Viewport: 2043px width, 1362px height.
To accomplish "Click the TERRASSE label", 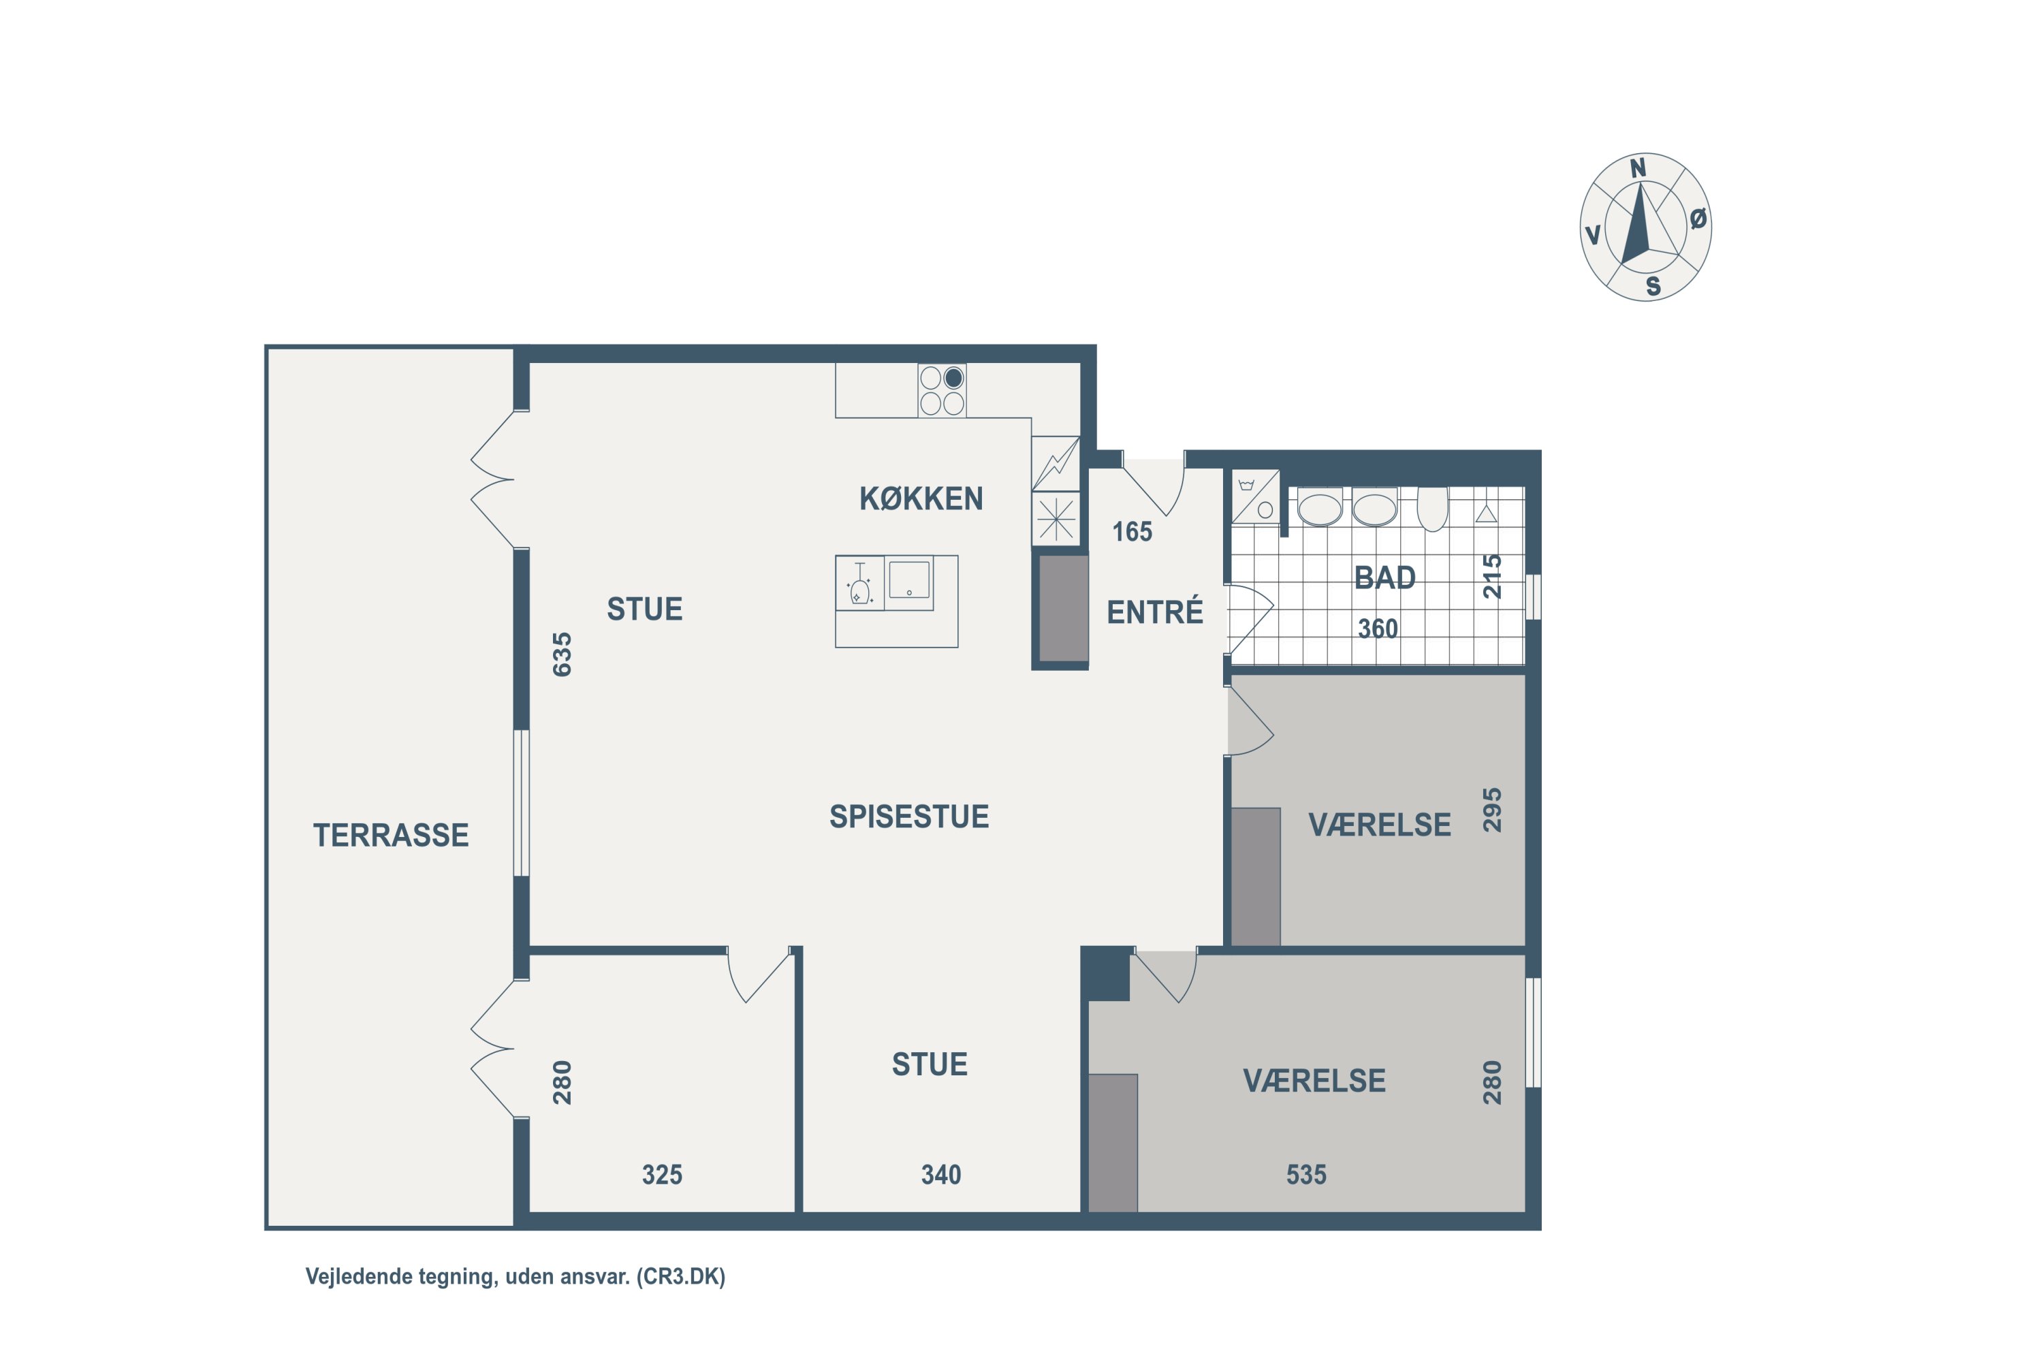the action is (391, 835).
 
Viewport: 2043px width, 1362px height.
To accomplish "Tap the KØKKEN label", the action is (921, 498).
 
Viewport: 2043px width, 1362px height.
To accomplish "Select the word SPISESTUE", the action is (908, 817).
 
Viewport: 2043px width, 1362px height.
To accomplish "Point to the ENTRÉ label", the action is (1154, 612).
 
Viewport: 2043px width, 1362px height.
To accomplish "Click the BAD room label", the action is (1384, 577).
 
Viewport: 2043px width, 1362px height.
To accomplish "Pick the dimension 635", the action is (562, 654).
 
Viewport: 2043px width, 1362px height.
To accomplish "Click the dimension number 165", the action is (1132, 532).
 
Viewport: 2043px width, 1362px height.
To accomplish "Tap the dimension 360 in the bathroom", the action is (1378, 628).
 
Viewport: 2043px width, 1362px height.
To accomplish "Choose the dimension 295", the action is (1491, 810).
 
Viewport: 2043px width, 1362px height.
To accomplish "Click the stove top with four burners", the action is (942, 391).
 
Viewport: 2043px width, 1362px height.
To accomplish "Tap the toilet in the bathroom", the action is (1432, 508).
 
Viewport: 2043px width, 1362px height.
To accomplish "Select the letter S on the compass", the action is (1653, 286).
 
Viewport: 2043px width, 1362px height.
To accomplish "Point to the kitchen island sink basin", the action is (908, 580).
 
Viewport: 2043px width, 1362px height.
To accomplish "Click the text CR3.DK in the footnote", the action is (682, 1276).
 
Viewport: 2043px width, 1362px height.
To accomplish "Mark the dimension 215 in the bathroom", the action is (1491, 576).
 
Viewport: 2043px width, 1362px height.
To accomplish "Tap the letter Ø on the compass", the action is (1698, 219).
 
